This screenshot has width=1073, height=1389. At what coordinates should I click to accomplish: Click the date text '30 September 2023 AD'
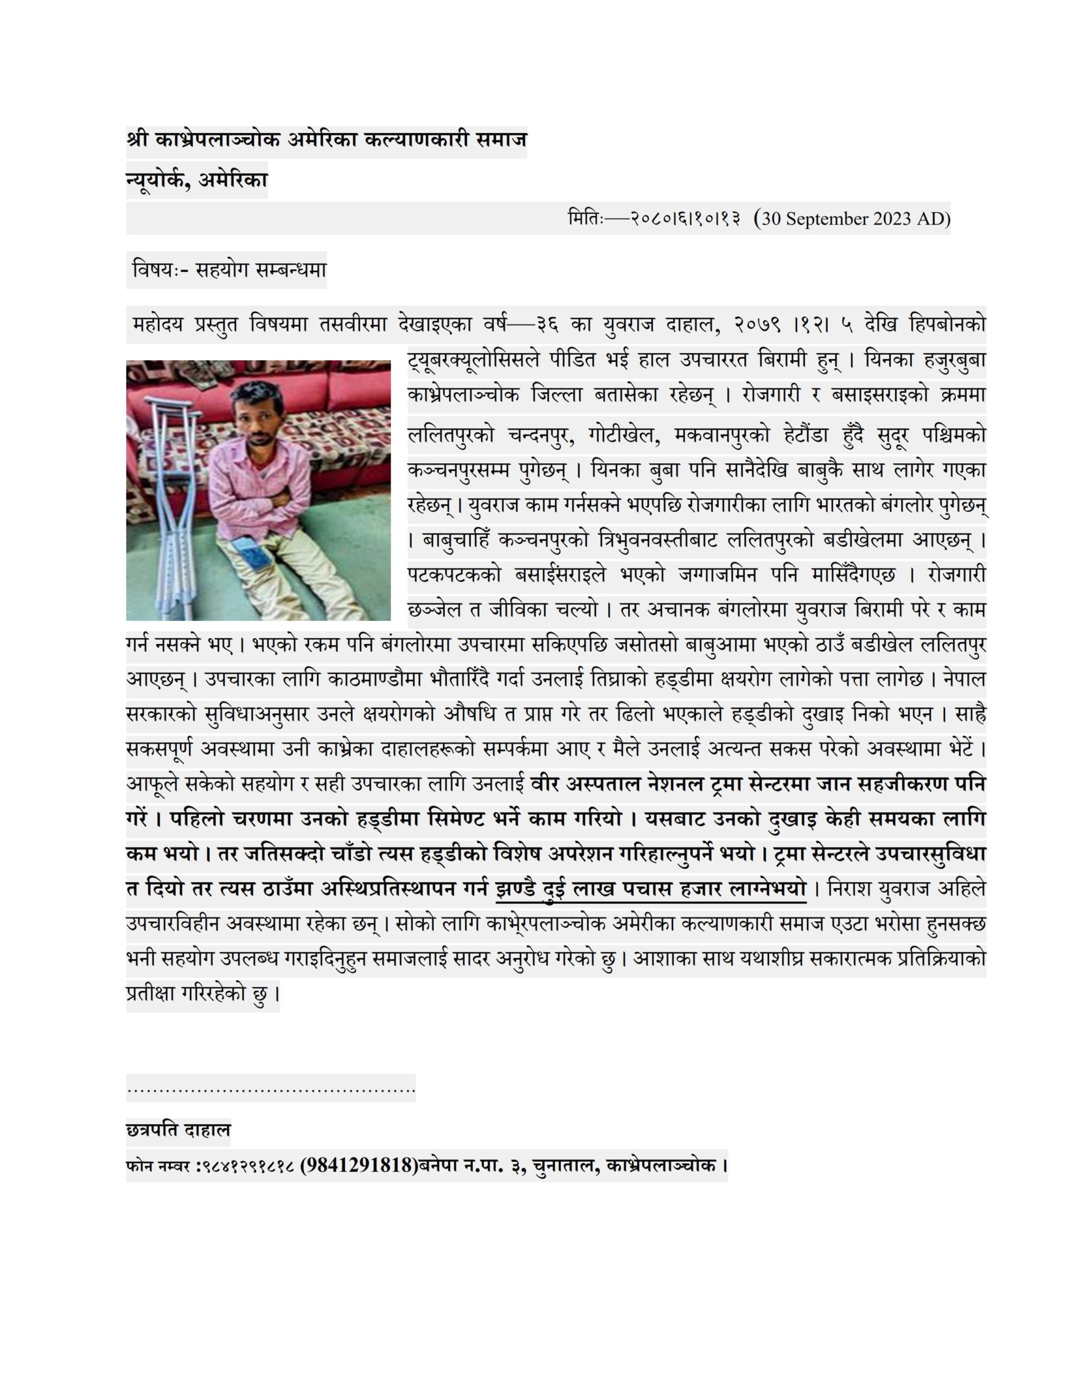coord(855,219)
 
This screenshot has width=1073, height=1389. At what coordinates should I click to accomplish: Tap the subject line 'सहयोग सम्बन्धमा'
coord(261,270)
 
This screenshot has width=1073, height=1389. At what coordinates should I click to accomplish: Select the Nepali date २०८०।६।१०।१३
coord(686,219)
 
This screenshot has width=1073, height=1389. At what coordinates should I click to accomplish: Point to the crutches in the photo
coord(168,509)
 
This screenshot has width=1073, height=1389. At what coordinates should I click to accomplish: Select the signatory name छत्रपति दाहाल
coord(178,1130)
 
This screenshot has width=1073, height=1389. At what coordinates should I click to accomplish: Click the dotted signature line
coord(270,1089)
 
